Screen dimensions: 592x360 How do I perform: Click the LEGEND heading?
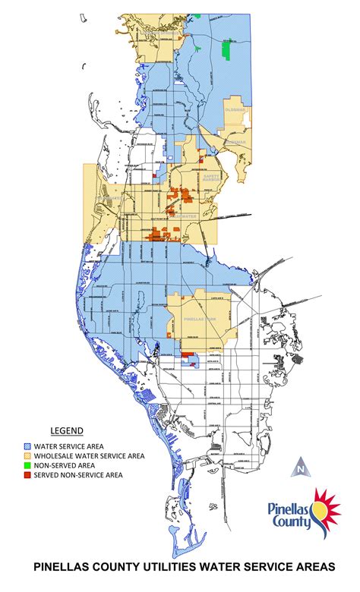(66, 430)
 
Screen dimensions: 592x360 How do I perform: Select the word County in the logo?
(292, 522)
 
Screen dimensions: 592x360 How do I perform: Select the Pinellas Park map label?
(201, 320)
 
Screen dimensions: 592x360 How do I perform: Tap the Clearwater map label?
(184, 215)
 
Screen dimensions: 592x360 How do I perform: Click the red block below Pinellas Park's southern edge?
(188, 354)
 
